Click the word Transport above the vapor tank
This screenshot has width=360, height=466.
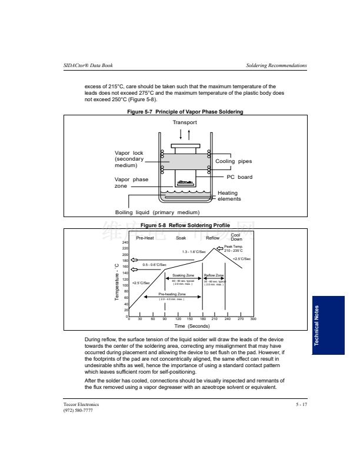pyautogui.click(x=185, y=122)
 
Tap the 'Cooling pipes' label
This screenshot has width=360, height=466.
pyautogui.click(x=234, y=161)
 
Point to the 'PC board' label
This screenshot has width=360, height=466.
pyautogui.click(x=239, y=177)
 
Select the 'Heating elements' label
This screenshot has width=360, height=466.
pyautogui.click(x=228, y=196)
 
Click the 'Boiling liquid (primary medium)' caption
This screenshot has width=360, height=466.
pyautogui.click(x=158, y=212)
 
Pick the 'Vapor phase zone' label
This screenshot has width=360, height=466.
pyautogui.click(x=131, y=182)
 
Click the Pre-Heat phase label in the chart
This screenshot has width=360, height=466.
pyautogui.click(x=145, y=238)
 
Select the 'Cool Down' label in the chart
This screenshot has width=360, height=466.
pyautogui.click(x=236, y=237)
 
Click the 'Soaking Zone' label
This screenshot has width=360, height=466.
pyautogui.click(x=184, y=275)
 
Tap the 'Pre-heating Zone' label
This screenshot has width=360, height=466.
pyautogui.click(x=172, y=294)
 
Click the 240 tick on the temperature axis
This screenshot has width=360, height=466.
pyautogui.click(x=125, y=242)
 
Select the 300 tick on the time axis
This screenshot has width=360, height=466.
pyautogui.click(x=253, y=319)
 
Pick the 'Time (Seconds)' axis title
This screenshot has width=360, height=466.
pyautogui.click(x=192, y=326)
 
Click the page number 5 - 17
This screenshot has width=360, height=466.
pyautogui.click(x=301, y=405)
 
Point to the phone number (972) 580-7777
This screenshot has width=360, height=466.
pyautogui.click(x=78, y=410)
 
